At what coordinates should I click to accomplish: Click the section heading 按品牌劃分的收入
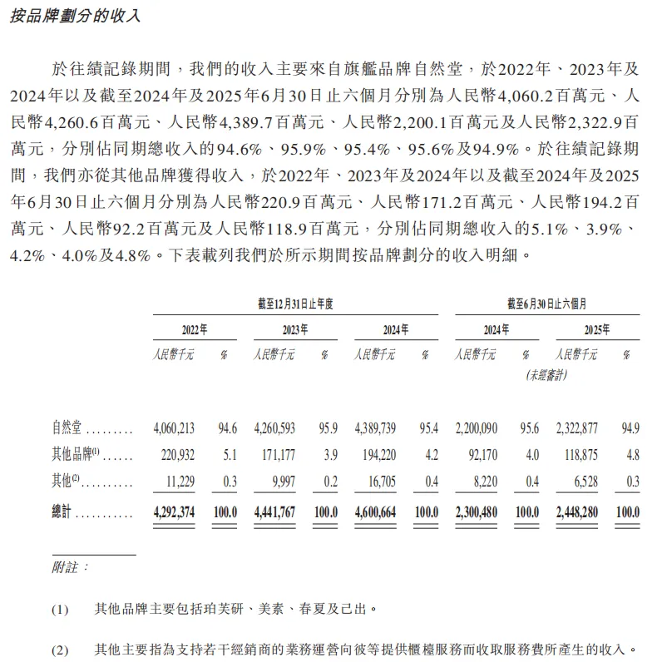[x=74, y=16]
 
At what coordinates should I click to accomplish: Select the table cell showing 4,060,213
[x=174, y=429]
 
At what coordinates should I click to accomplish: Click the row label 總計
[x=63, y=512]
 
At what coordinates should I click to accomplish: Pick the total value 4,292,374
[x=174, y=512]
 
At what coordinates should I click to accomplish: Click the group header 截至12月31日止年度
[x=295, y=304]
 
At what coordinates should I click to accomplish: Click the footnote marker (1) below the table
[x=61, y=609]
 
